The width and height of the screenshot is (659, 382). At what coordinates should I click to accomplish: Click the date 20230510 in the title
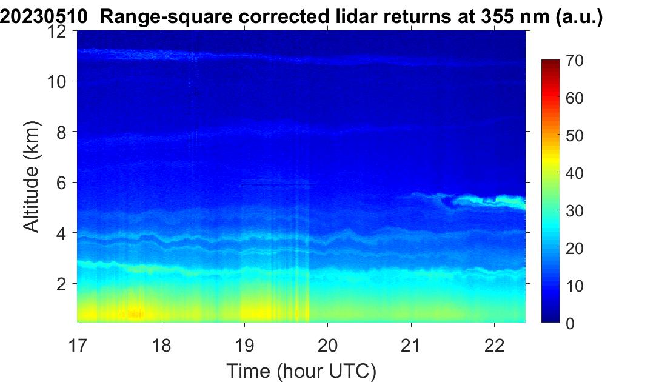point(44,17)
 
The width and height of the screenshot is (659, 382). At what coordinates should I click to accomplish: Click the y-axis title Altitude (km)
point(31,176)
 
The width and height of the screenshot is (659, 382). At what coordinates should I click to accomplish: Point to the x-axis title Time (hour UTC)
point(301,371)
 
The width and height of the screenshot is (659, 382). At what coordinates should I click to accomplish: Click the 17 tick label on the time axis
point(78,346)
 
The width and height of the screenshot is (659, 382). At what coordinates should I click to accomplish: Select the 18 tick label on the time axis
point(161,346)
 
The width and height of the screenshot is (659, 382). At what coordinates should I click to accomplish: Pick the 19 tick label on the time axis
point(244,346)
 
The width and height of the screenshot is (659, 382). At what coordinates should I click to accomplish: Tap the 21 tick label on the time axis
point(410,346)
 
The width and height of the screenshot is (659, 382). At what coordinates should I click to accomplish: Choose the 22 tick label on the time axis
point(494,346)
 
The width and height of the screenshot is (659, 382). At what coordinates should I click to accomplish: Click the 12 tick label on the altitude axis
point(57,31)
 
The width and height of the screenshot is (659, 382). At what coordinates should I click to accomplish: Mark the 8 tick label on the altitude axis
point(62,132)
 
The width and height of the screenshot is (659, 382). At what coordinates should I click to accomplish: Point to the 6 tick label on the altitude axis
point(62,183)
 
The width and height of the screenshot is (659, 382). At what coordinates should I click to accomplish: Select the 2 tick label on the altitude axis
point(62,284)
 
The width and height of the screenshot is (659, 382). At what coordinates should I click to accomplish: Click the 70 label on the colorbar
point(574,61)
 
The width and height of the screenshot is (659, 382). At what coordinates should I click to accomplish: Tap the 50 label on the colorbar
point(574,136)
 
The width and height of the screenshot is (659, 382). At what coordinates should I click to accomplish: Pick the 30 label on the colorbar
point(574,210)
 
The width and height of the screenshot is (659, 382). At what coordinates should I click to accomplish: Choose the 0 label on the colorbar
point(570,323)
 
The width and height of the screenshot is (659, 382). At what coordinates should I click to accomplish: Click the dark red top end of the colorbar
point(550,63)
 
